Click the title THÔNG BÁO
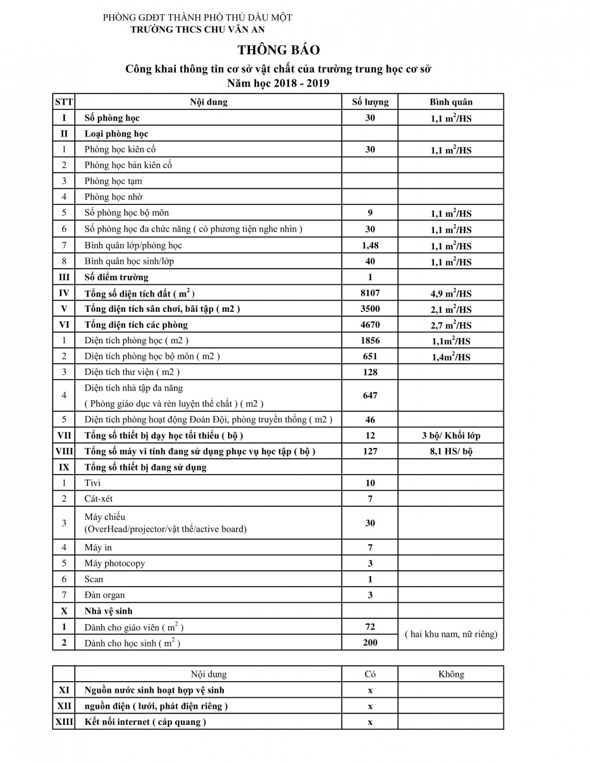click(x=278, y=50)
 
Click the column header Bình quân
click(x=451, y=102)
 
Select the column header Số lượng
click(x=370, y=102)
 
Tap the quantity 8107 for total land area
click(x=370, y=293)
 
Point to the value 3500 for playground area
click(x=370, y=309)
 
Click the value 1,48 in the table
click(x=370, y=245)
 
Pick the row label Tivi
click(x=93, y=483)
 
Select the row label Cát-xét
click(x=99, y=498)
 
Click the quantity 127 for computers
click(x=370, y=451)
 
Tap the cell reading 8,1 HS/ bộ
click(x=451, y=451)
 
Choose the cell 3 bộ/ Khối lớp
click(x=451, y=435)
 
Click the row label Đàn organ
click(x=104, y=595)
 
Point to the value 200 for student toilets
click(x=370, y=642)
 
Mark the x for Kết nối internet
click(x=370, y=722)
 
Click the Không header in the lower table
click(x=451, y=674)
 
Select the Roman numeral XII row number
click(x=64, y=706)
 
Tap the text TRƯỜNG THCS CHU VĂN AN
click(x=198, y=30)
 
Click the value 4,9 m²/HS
click(x=451, y=294)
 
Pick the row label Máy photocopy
click(x=115, y=563)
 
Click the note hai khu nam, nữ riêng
click(x=451, y=634)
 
